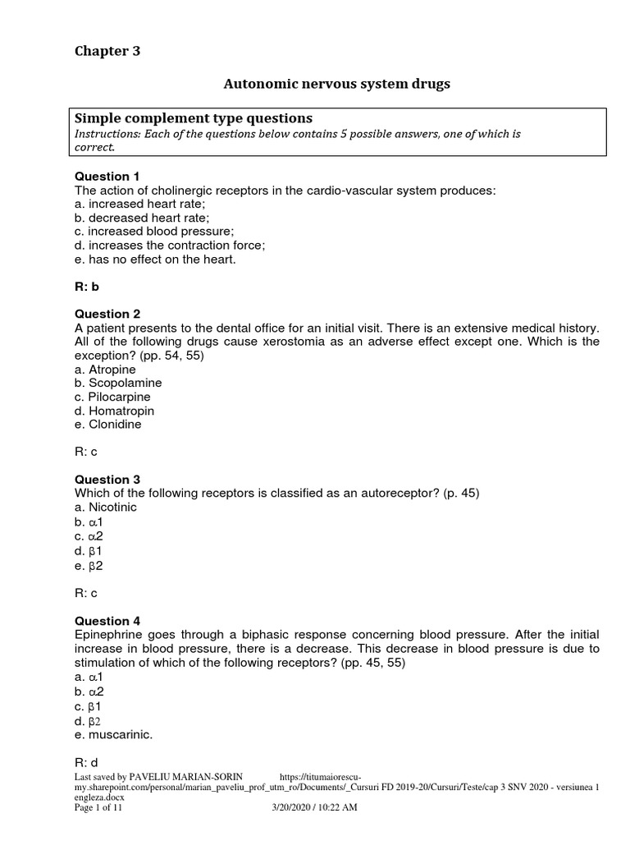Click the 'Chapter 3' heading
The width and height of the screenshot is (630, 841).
[107, 51]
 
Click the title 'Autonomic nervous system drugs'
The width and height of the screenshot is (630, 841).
[337, 84]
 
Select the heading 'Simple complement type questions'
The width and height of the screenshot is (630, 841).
[194, 118]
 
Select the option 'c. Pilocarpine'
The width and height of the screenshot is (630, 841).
[114, 397]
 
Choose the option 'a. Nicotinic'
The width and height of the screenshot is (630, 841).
[106, 508]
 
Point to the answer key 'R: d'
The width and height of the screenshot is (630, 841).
[87, 763]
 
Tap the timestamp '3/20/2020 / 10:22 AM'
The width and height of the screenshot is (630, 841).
[314, 808]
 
